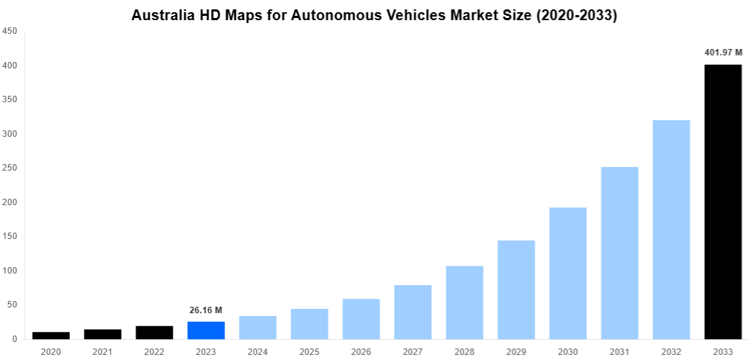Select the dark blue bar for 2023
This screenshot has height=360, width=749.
(x=206, y=330)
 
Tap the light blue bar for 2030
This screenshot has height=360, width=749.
(x=568, y=273)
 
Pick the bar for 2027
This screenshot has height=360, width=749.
(x=413, y=312)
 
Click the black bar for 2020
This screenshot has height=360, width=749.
(x=51, y=336)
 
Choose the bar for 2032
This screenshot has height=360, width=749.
(x=671, y=229)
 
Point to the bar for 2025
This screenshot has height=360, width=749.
(x=310, y=324)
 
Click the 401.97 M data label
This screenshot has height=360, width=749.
(x=723, y=52)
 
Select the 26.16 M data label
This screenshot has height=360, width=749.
(x=206, y=310)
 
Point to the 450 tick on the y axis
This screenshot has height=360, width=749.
(x=10, y=31)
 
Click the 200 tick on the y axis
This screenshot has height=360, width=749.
(x=10, y=202)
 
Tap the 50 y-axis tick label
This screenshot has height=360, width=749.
(x=12, y=305)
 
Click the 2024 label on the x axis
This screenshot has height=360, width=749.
(x=258, y=351)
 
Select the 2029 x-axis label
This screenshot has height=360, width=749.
(x=516, y=351)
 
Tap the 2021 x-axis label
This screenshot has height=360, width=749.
(x=103, y=351)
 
